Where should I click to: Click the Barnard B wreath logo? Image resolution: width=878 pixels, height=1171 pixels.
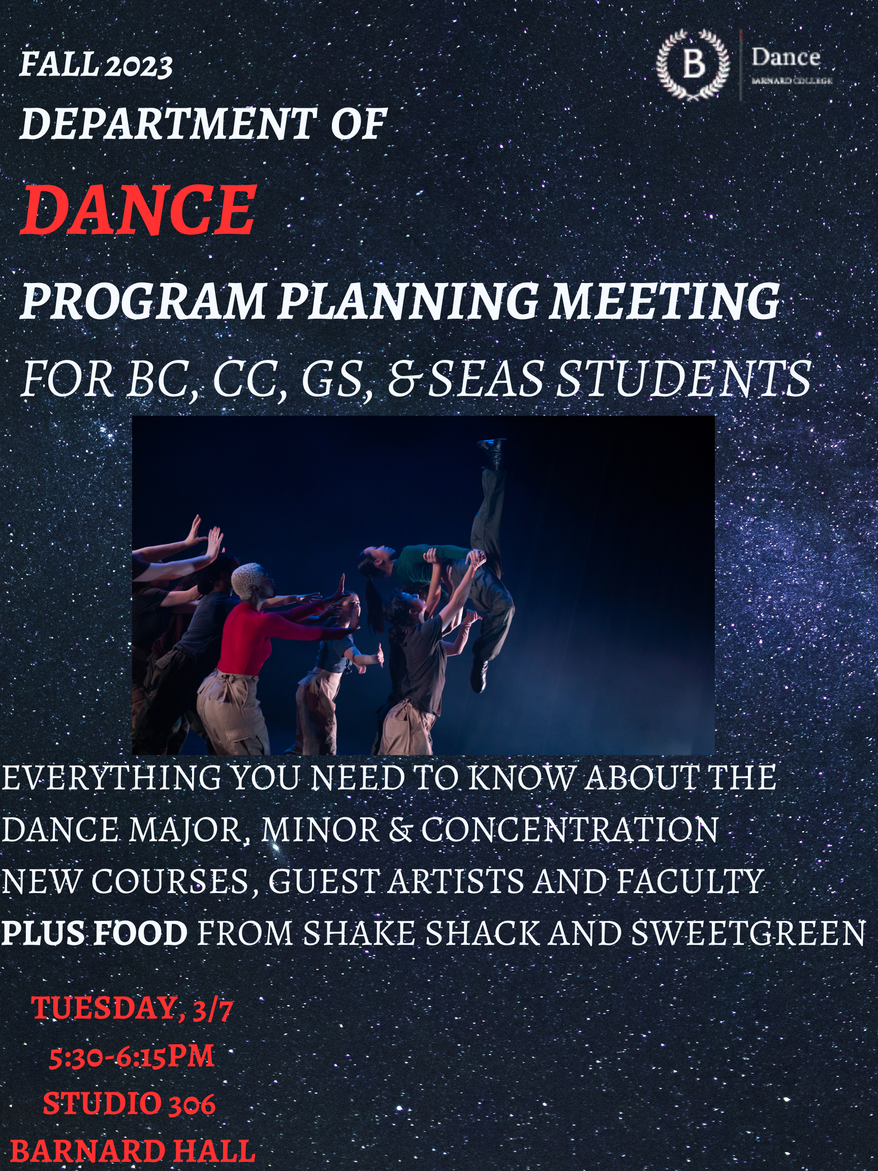(693, 65)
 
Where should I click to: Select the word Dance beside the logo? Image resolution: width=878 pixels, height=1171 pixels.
(786, 57)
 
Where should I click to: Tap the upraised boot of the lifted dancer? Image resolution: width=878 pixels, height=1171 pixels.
(492, 453)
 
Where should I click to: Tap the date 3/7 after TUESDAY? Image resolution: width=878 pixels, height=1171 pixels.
(213, 1009)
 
